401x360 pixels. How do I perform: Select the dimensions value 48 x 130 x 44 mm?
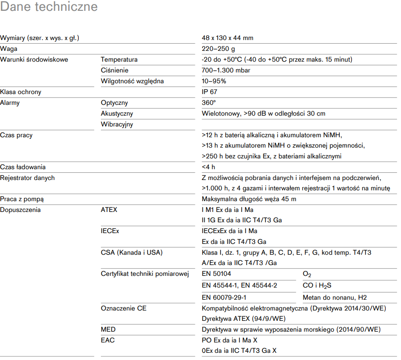pyautogui.click(x=227, y=38)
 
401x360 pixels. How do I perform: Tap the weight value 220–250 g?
pyautogui.click(x=218, y=49)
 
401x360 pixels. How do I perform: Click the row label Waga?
pyautogui.click(x=9, y=49)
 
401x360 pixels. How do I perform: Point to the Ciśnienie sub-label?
pyautogui.click(x=114, y=70)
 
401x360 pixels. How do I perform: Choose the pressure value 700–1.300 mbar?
pyautogui.click(x=226, y=70)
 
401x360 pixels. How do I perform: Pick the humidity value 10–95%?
pyautogui.click(x=214, y=81)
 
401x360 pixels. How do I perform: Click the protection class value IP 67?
pyautogui.click(x=210, y=92)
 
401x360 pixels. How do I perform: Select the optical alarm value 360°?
pyautogui.click(x=209, y=103)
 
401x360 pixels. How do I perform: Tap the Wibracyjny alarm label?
pyautogui.click(x=117, y=124)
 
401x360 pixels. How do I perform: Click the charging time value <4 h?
pyautogui.click(x=209, y=167)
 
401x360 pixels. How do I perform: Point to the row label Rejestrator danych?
pyautogui.click(x=27, y=178)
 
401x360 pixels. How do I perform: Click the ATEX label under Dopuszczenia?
pyautogui.click(x=109, y=210)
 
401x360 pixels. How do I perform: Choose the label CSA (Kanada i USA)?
pyautogui.click(x=132, y=252)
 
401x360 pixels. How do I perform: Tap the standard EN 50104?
pyautogui.click(x=216, y=274)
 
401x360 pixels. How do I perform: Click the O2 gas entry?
pyautogui.click(x=307, y=274)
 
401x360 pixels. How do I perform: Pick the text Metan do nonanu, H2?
pyautogui.click(x=335, y=297)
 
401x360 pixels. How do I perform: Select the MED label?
pyautogui.click(x=108, y=329)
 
